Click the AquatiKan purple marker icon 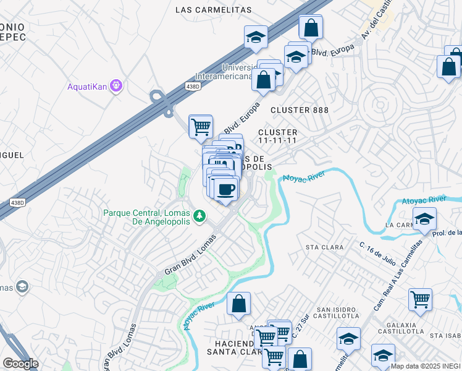pyautogui.click(x=115, y=85)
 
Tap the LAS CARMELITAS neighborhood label pyautogui.click(x=214, y=10)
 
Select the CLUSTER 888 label pyautogui.click(x=298, y=110)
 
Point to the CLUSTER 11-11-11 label pyautogui.click(x=278, y=137)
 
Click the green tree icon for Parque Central pyautogui.click(x=199, y=216)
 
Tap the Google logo pyautogui.click(x=20, y=364)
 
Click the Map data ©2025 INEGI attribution pyautogui.click(x=425, y=365)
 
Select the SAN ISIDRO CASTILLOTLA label pyautogui.click(x=336, y=312)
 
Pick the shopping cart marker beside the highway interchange pyautogui.click(x=201, y=127)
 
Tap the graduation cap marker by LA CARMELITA pyautogui.click(x=424, y=219)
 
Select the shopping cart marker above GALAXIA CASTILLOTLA pyautogui.click(x=420, y=300)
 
